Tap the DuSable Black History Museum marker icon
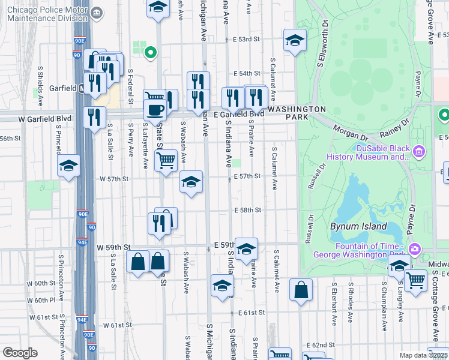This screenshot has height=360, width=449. pos(419,151)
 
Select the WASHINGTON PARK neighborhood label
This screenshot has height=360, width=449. pos(297,114)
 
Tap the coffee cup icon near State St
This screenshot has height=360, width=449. pos(155,110)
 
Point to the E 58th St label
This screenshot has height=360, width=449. pos(247,210)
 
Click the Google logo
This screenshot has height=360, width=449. pos(20,353)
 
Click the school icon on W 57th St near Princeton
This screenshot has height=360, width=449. pos(68,166)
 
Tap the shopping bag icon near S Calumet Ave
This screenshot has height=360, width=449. pos(301,290)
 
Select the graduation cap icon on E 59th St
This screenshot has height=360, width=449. pos(246,249)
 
